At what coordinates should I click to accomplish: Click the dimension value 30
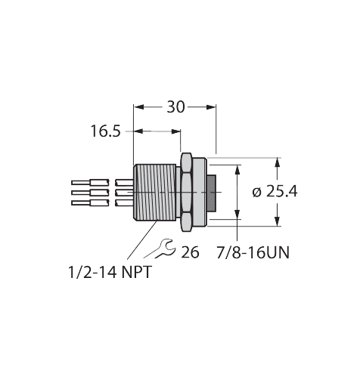[x=175, y=107]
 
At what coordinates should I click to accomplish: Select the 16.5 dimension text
[x=106, y=131]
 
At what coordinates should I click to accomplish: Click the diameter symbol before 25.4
[x=256, y=192]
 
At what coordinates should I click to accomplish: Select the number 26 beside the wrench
[x=190, y=252]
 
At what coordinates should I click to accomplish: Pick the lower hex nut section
[x=186, y=221]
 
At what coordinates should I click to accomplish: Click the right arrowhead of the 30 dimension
[x=213, y=107]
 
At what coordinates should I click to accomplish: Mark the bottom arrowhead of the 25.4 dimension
[x=278, y=222]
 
